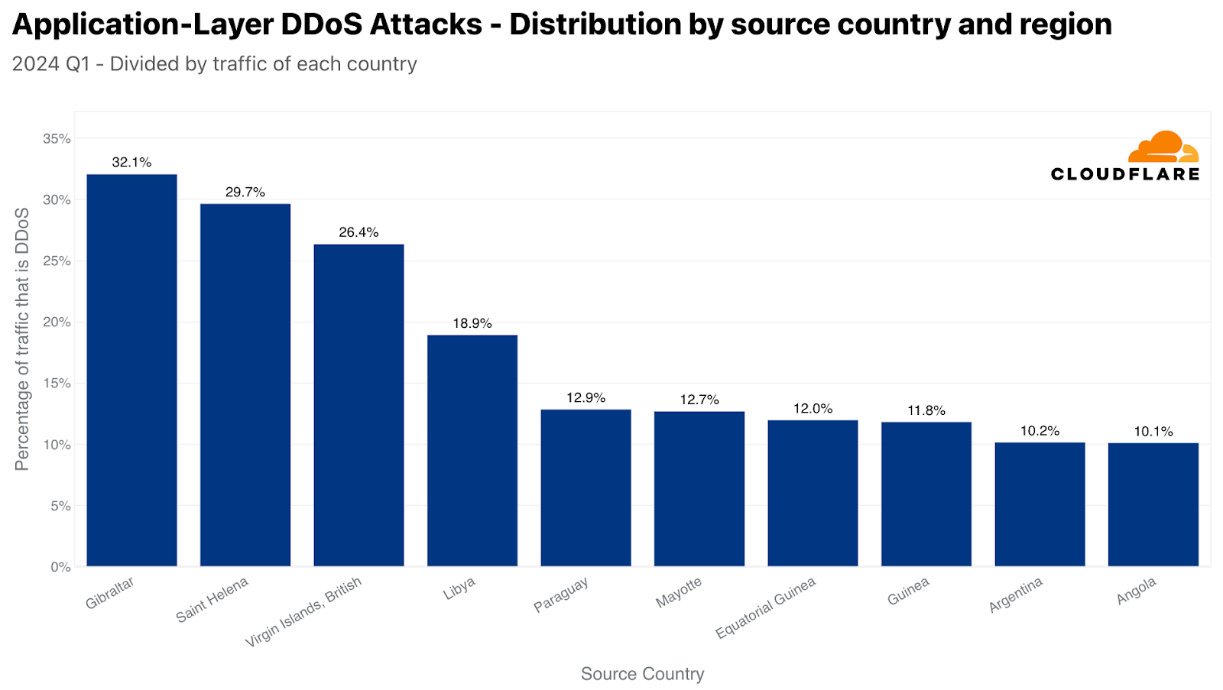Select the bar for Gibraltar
[131, 371]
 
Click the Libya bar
[472, 451]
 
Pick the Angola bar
[1153, 504]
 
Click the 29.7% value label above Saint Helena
[245, 193]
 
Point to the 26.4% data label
[358, 232]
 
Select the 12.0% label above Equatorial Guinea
[813, 409]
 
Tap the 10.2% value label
[1040, 431]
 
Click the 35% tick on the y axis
[57, 139]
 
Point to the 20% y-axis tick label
[57, 322]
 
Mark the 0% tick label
[60, 567]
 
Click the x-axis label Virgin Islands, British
[303, 612]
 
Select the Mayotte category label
[679, 593]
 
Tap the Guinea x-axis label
[908, 591]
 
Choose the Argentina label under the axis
[1016, 595]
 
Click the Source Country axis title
[642, 674]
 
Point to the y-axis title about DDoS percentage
[22, 339]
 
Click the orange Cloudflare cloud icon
[1163, 147]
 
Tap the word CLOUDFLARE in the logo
[1124, 174]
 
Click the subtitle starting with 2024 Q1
[215, 64]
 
